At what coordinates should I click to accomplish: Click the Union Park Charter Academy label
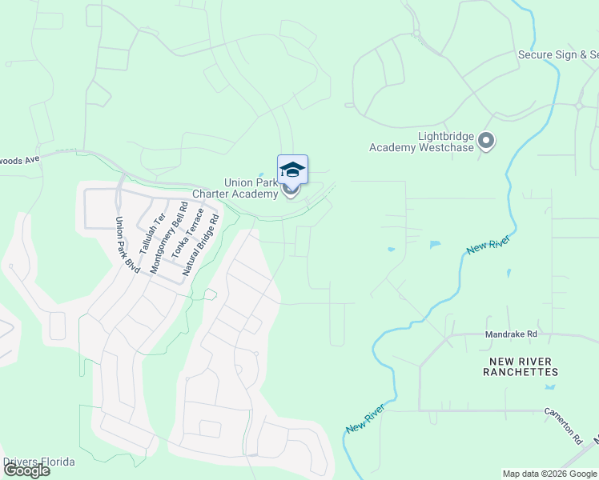tap(235, 187)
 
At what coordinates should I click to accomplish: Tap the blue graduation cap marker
tap(292, 170)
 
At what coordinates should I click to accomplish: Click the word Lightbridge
tap(446, 137)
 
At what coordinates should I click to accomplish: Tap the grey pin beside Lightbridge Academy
tap(486, 142)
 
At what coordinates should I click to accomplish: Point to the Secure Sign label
tap(557, 55)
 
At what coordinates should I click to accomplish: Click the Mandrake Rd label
tap(511, 333)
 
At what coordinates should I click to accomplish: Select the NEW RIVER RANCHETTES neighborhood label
tap(521, 367)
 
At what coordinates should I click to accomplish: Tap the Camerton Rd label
tap(562, 425)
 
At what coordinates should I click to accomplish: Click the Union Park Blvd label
tap(127, 245)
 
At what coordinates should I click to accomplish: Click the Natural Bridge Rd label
tap(200, 245)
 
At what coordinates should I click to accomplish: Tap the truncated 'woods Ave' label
tap(20, 160)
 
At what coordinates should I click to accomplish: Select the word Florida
tap(59, 462)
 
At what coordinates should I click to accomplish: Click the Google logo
tap(26, 470)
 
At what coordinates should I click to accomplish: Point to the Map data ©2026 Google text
tap(549, 474)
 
